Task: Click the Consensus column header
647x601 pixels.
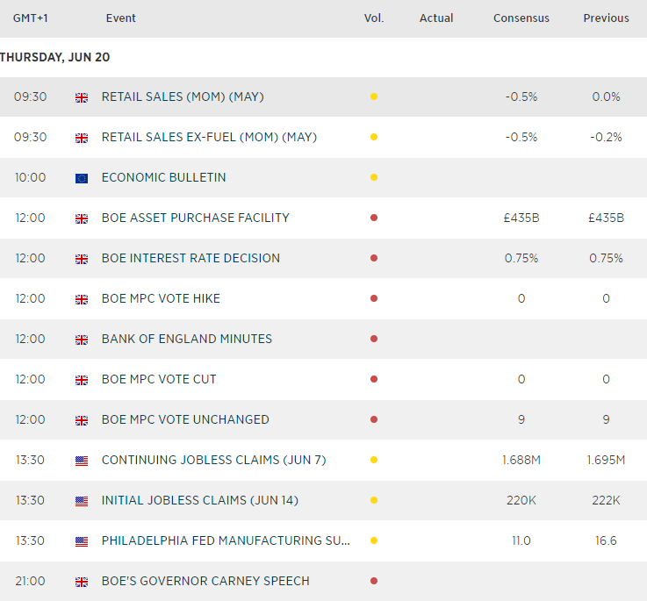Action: click(521, 18)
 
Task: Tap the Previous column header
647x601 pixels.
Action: click(606, 18)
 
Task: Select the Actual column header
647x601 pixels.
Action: click(436, 18)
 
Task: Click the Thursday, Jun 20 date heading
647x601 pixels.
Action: click(55, 57)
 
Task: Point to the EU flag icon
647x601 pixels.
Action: click(82, 178)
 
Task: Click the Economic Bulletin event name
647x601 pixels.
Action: click(164, 177)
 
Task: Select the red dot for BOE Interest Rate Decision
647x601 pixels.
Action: click(374, 258)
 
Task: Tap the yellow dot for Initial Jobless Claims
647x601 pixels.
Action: click(374, 500)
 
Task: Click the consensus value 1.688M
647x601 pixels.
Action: click(521, 460)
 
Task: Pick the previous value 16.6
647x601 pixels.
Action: click(606, 540)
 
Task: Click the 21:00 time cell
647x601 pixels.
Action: click(30, 581)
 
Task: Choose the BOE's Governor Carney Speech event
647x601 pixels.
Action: click(205, 581)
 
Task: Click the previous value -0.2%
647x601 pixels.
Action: click(606, 137)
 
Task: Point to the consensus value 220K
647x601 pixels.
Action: click(521, 500)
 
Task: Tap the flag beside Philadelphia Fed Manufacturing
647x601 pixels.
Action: click(82, 541)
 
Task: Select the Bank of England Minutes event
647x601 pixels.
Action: click(187, 339)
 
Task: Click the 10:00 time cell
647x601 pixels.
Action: click(30, 177)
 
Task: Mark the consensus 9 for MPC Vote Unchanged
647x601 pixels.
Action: click(521, 419)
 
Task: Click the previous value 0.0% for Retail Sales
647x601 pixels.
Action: click(606, 97)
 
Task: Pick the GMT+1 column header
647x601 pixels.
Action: click(30, 18)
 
